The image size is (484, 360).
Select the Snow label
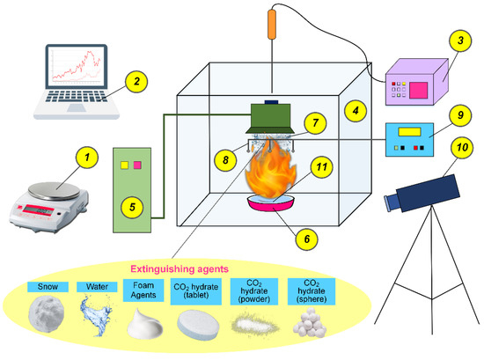pyautogui.click(x=44, y=286)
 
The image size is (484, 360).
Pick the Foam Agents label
pyautogui.click(x=147, y=291)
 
